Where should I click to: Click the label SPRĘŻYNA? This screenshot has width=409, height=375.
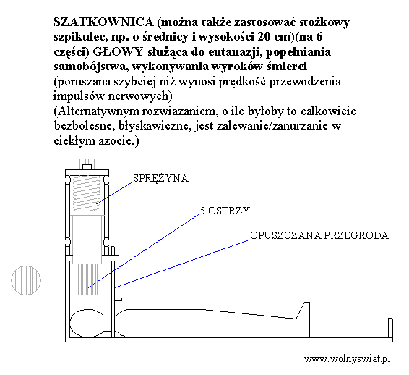160,179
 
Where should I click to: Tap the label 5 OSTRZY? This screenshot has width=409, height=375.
225,211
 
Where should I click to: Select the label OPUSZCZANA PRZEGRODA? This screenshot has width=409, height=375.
319,235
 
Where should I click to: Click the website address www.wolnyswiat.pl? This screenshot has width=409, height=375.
347,358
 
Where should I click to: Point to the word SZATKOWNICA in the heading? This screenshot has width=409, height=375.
103,22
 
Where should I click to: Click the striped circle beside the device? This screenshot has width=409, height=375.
26,280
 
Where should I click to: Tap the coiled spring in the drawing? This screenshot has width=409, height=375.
86,193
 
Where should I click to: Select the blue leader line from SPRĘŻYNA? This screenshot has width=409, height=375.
114,193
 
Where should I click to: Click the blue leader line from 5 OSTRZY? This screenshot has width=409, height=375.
144,251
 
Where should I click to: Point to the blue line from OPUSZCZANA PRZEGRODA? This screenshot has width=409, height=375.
182,264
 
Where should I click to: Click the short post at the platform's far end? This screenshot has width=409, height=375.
390,328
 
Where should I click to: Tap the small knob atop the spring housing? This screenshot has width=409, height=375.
87,167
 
